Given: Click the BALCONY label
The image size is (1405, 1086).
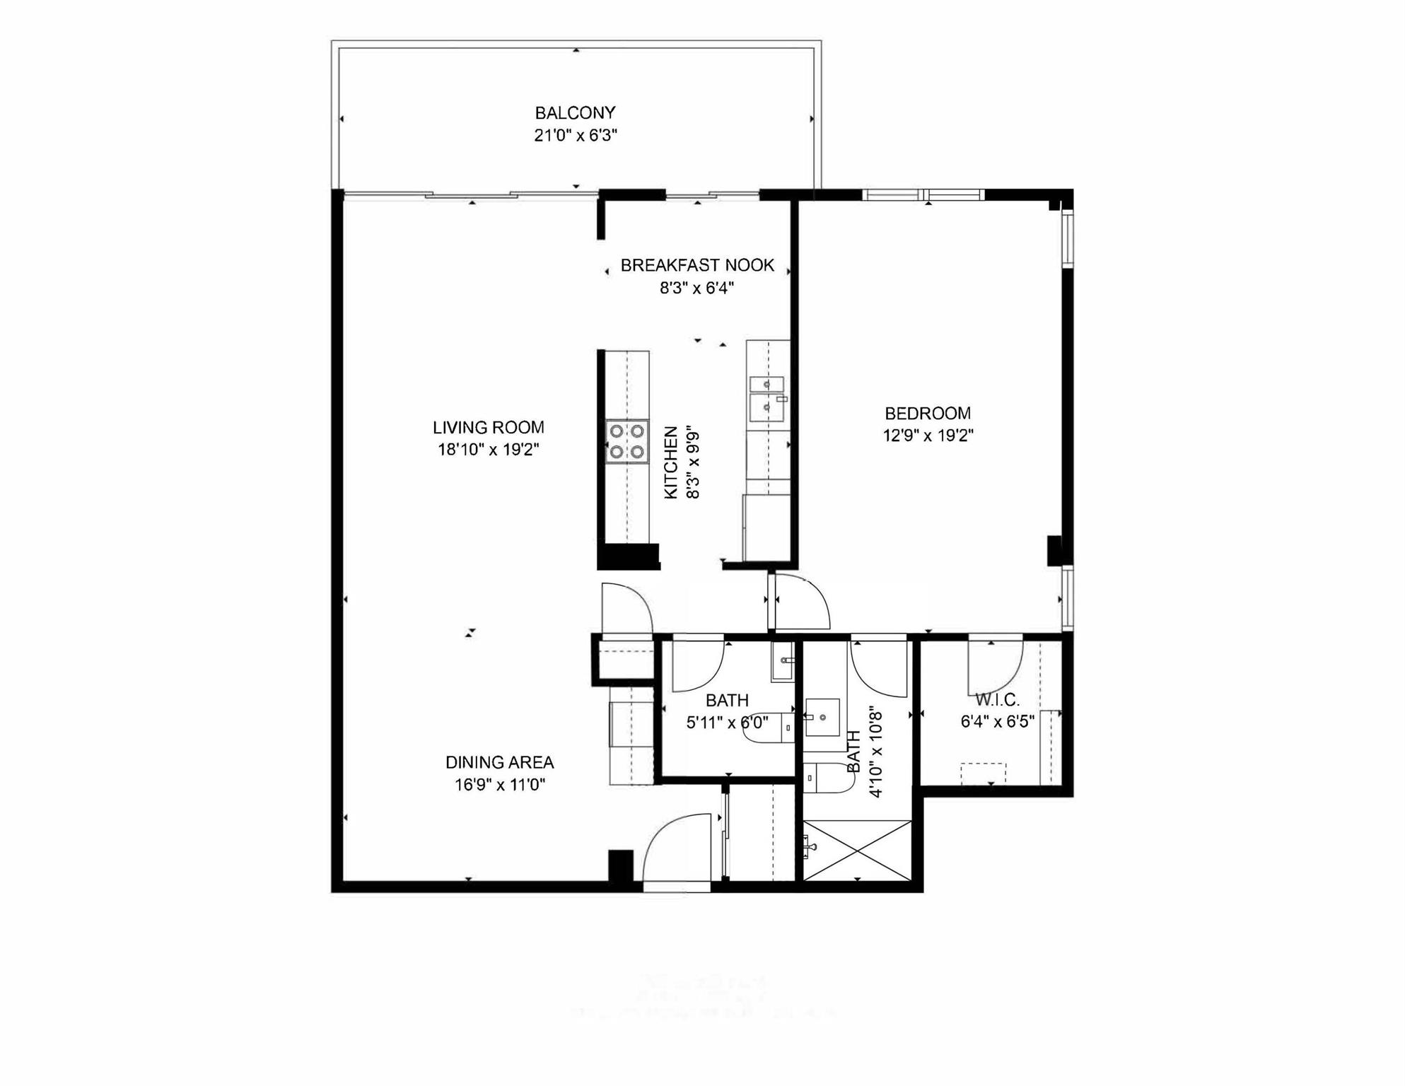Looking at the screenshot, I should pos(575,112).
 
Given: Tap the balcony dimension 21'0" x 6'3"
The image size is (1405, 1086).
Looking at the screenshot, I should pos(575,135).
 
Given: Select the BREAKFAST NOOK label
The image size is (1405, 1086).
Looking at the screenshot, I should pos(697,265).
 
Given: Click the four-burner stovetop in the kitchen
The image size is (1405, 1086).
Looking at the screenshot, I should pos(627,441).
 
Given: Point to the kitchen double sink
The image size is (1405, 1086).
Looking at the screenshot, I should pos(767,395).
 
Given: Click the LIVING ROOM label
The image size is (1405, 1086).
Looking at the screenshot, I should pos(489,427).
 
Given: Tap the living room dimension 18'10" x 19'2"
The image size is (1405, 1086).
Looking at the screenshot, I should pos(489,450).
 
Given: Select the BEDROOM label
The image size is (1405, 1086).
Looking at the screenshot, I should pos(928,413).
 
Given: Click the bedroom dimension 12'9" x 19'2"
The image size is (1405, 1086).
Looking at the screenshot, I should pos(928,436).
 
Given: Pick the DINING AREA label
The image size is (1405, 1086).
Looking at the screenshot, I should pos(499,762).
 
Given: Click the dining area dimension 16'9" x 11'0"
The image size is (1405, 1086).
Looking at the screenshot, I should pos(499,785).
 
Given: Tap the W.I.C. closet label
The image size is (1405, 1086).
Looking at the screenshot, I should pos(997,700).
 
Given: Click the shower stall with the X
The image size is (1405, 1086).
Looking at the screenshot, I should pos(857,850).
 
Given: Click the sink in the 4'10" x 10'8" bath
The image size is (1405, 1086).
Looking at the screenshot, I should pos(822,718).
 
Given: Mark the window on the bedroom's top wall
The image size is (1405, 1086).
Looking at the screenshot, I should pos(923,195).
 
